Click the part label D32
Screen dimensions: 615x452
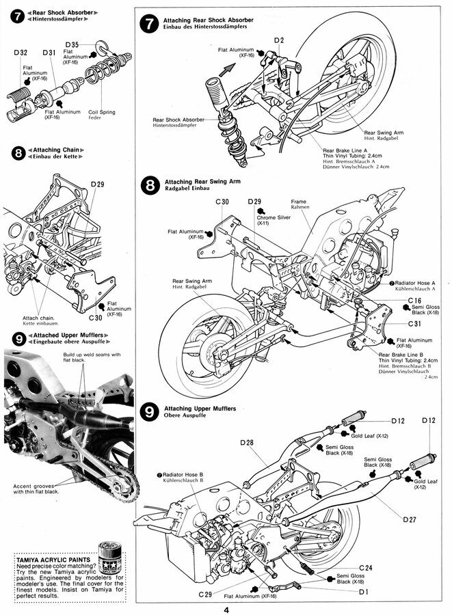point(20,52)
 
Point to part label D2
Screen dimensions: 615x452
point(278,40)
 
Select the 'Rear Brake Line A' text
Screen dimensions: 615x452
point(349,149)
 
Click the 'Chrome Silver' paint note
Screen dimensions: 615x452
point(271,217)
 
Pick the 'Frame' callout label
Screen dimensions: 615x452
point(298,202)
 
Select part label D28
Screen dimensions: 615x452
point(247,443)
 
